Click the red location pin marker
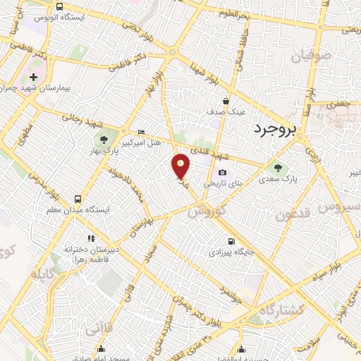[181, 167]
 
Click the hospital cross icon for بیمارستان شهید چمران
[33, 76]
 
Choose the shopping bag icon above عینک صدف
[226, 101]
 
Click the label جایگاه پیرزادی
[229, 252]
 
